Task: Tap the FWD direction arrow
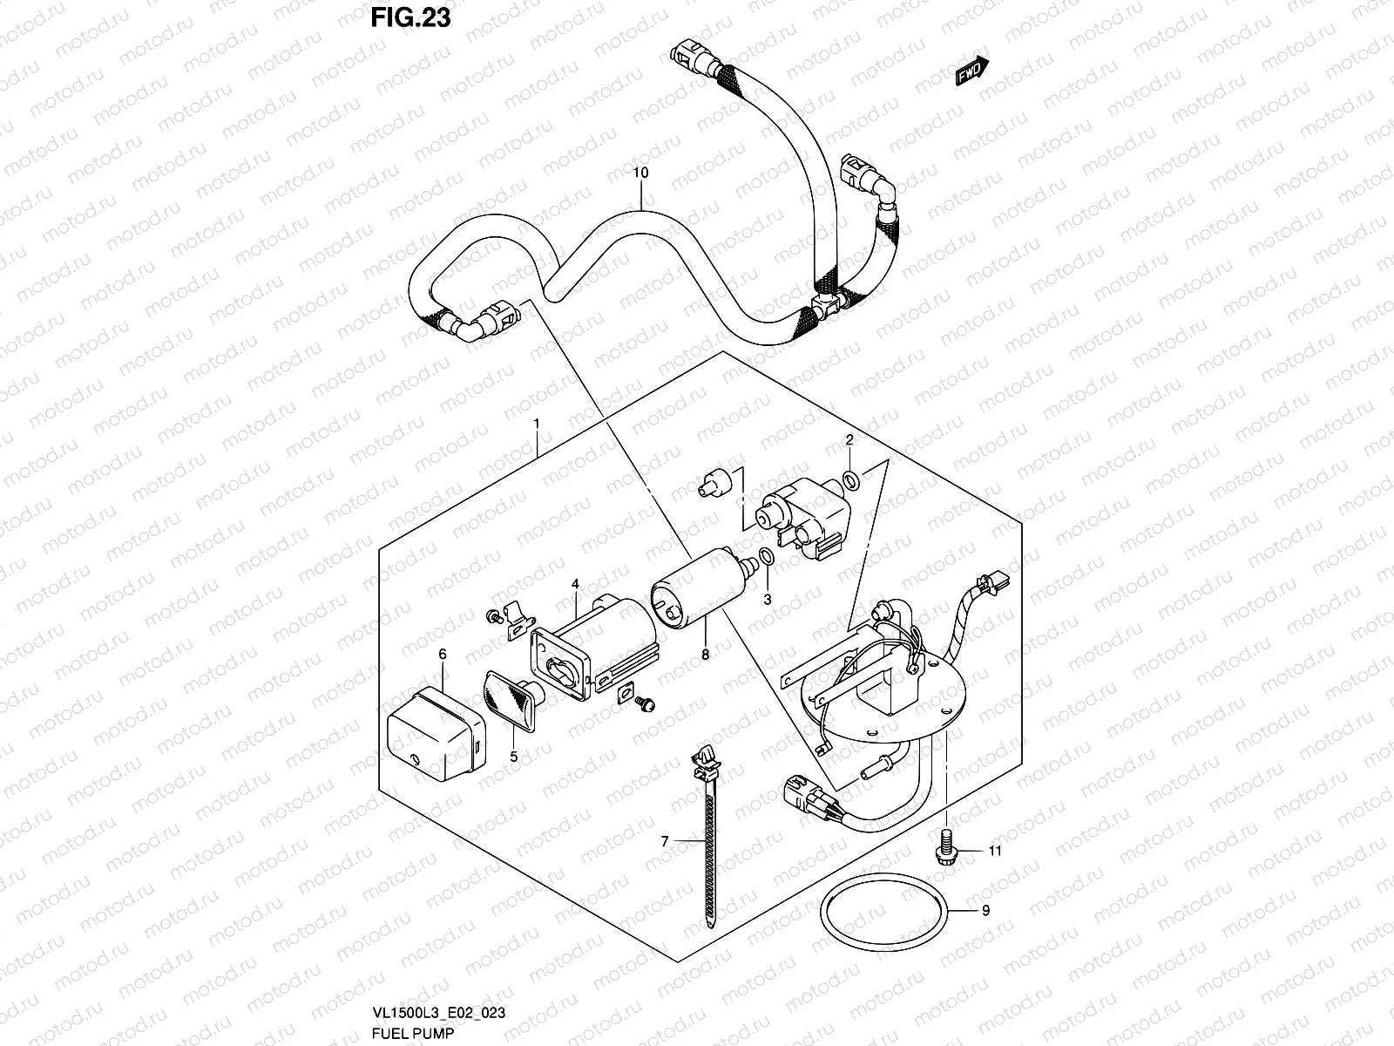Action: pyautogui.click(x=972, y=72)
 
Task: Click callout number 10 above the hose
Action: pyautogui.click(x=640, y=173)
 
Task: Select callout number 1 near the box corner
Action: pyautogui.click(x=537, y=423)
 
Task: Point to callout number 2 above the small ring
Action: pyautogui.click(x=849, y=440)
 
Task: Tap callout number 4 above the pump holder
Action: pyautogui.click(x=575, y=583)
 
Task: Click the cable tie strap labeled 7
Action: pyautogui.click(x=707, y=837)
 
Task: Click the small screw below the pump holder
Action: pyautogui.click(x=646, y=725)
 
